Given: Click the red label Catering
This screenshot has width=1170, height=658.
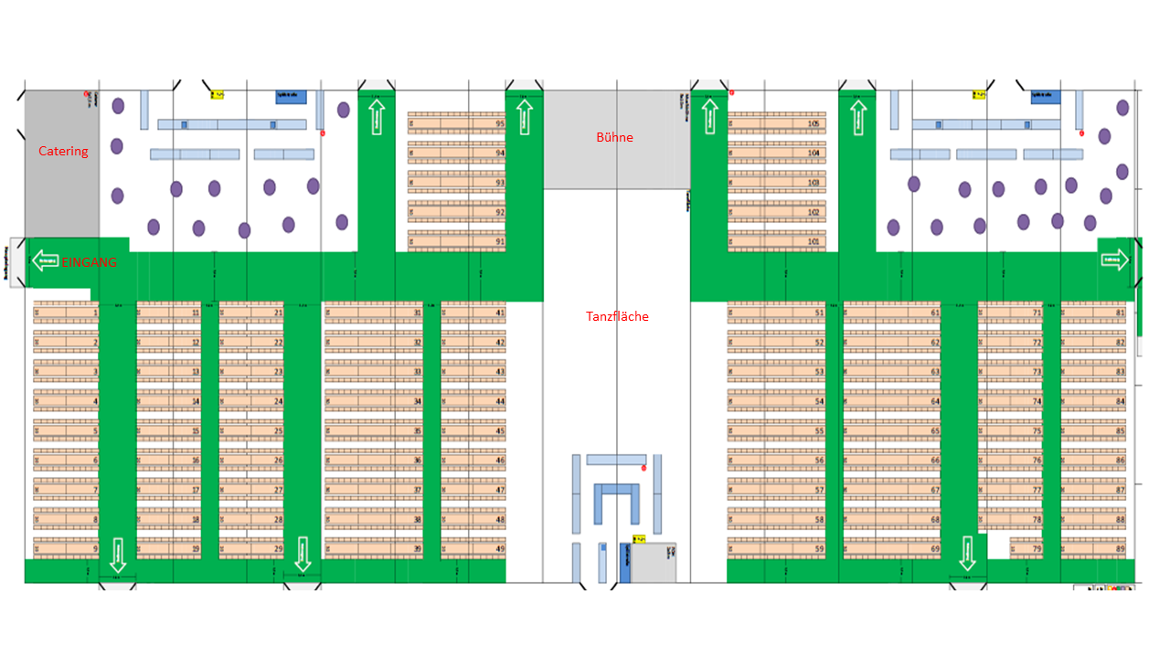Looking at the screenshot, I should pyautogui.click(x=63, y=151).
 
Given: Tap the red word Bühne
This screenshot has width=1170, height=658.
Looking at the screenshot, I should pyautogui.click(x=614, y=138).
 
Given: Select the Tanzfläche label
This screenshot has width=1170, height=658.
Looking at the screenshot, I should pyautogui.click(x=617, y=316).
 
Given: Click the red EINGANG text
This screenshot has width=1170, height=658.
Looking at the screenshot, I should pyautogui.click(x=90, y=261).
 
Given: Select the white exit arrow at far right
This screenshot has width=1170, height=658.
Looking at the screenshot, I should pyautogui.click(x=1114, y=261).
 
